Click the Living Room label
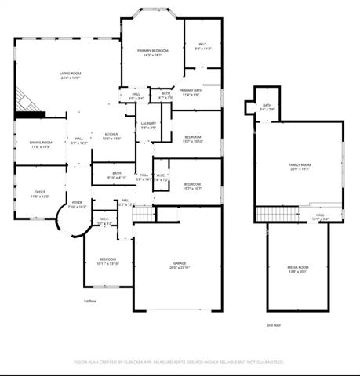point(71,74)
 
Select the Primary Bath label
point(191,91)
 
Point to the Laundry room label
point(148,124)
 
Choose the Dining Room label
point(41,143)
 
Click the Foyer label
point(77,203)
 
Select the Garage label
point(180,263)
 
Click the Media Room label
point(297,268)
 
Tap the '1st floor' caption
point(89,301)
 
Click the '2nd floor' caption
point(273,324)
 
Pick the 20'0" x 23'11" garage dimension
point(180,268)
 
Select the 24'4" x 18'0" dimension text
point(71,78)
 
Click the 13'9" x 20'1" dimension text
point(297,273)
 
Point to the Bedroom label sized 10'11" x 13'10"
point(107,259)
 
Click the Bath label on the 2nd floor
point(267,106)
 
